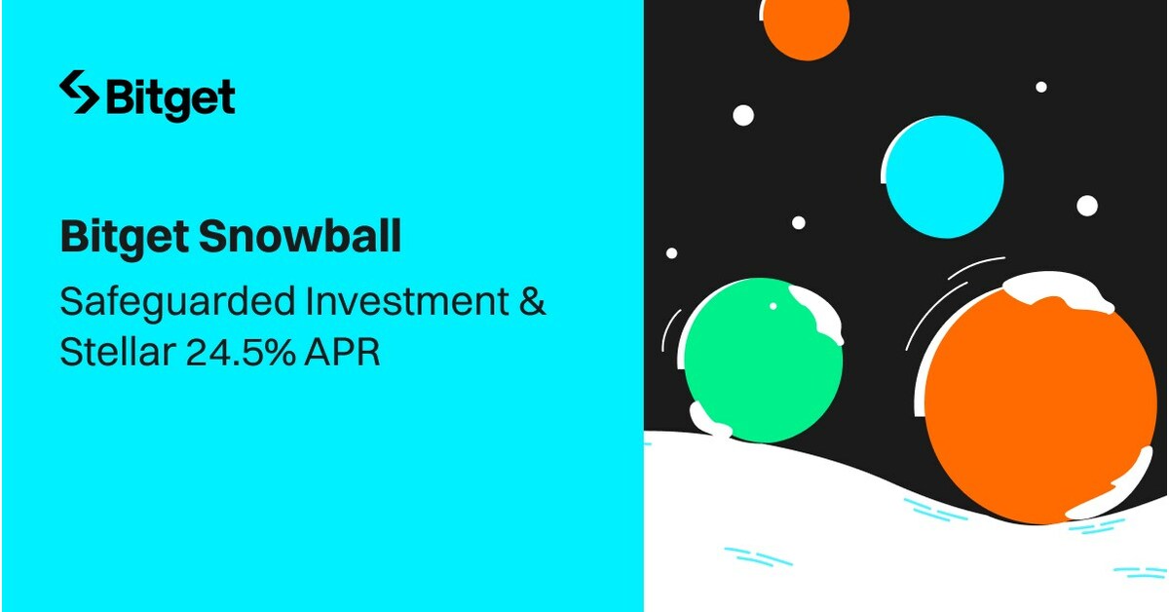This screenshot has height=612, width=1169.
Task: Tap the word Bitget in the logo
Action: click(x=170, y=97)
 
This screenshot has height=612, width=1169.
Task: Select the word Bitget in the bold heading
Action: click(x=124, y=237)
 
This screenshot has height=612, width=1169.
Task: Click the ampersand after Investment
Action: click(x=530, y=301)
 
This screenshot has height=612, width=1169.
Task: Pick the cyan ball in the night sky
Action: click(x=944, y=175)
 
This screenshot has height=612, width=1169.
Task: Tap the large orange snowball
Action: click(x=1037, y=404)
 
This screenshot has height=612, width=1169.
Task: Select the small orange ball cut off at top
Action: click(x=806, y=23)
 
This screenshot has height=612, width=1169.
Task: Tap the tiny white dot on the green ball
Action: click(x=773, y=306)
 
